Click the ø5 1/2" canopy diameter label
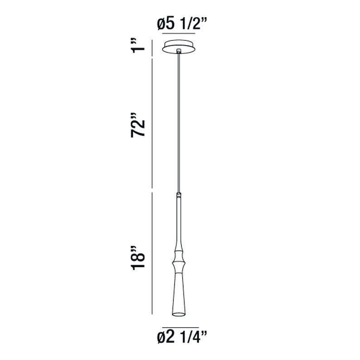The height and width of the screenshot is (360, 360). [x=182, y=24]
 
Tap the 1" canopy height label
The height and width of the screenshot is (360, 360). [x=138, y=46]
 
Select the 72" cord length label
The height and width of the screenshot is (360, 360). [x=138, y=125]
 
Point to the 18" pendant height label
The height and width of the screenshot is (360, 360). [x=138, y=258]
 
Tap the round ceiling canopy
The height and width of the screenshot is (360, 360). [x=179, y=47]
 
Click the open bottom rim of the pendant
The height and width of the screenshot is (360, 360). [x=179, y=314]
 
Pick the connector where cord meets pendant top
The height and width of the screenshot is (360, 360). [x=179, y=195]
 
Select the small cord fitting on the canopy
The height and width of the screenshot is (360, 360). [x=179, y=51]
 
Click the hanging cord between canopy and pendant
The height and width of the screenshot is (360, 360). [x=179, y=123]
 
